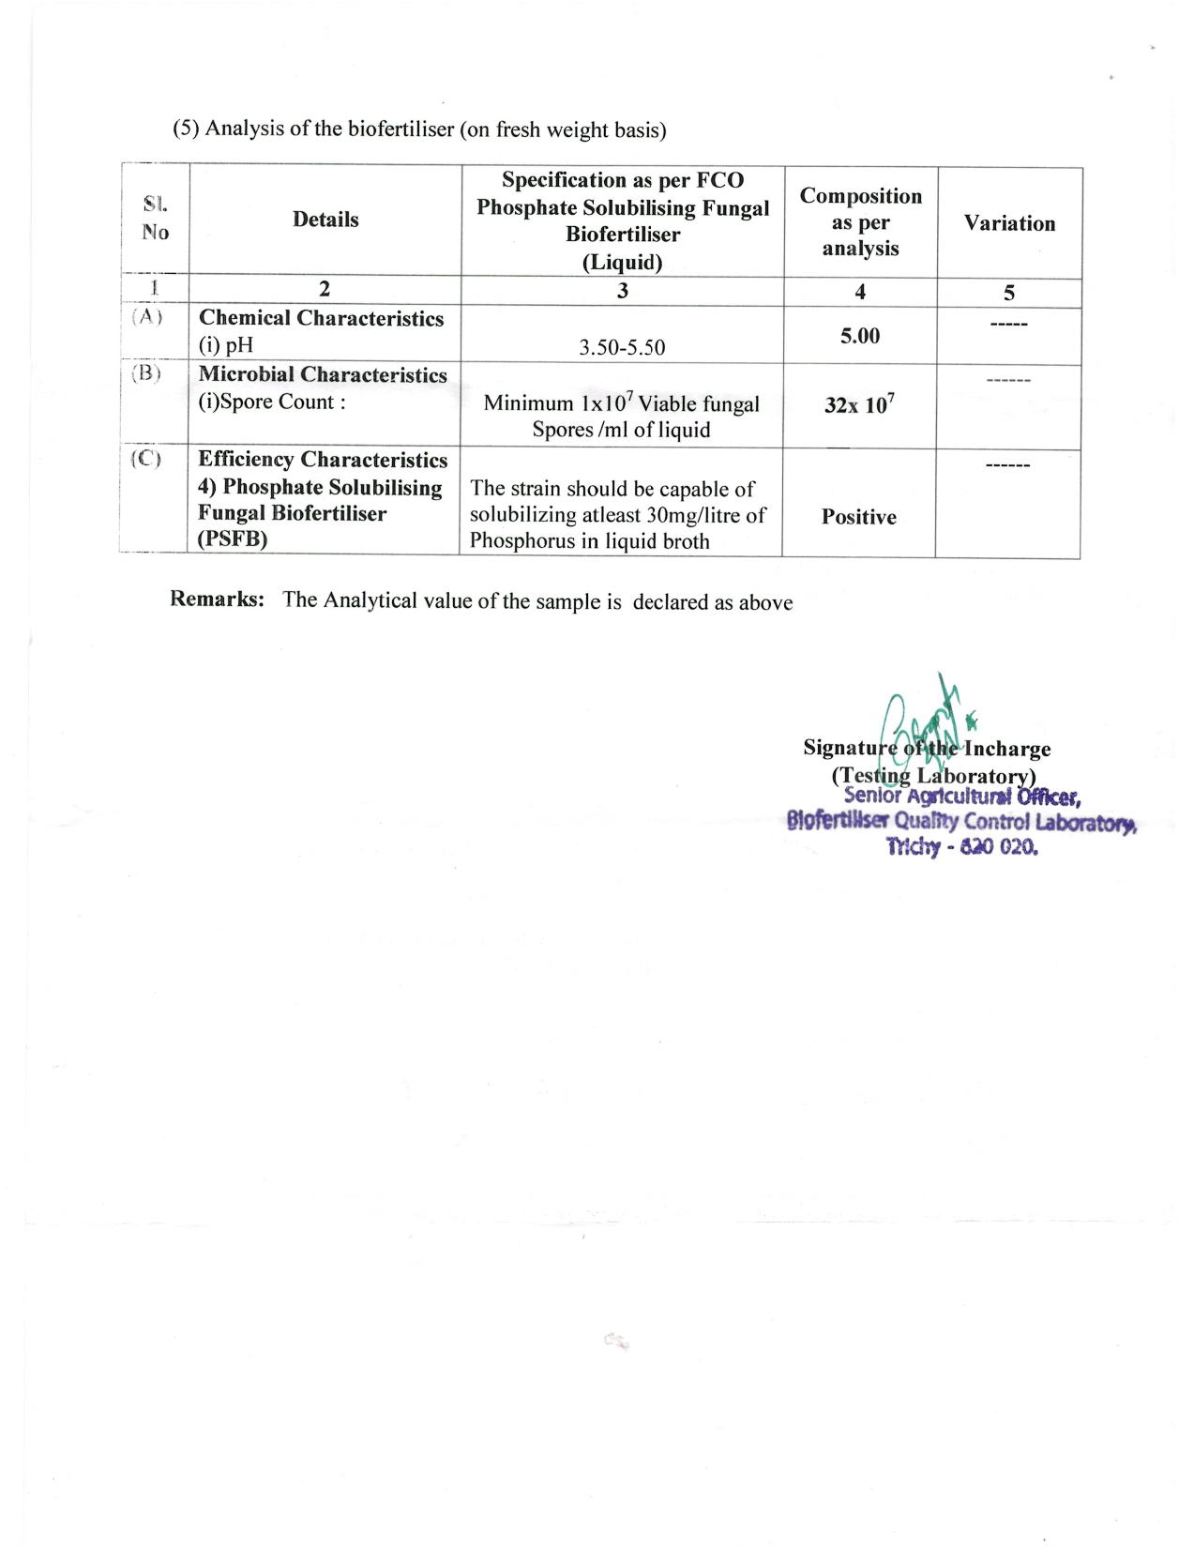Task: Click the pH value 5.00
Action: [x=860, y=336]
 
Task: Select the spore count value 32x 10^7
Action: [x=859, y=404]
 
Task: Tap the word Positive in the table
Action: [x=858, y=517]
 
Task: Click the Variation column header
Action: [x=1009, y=223]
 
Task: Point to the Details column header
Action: [x=325, y=220]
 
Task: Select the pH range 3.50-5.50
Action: [x=622, y=348]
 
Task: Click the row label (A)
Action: [x=147, y=317]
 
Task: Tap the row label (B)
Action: [x=146, y=373]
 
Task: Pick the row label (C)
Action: [x=146, y=459]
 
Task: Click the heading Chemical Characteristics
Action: [x=321, y=319]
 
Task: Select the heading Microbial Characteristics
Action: [x=323, y=375]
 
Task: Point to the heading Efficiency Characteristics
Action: [x=323, y=460]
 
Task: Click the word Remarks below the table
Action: [x=217, y=599]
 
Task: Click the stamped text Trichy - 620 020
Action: [x=962, y=847]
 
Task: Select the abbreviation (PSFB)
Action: [x=233, y=539]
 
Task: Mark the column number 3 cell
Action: [x=622, y=291]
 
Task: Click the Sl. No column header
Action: [x=156, y=219]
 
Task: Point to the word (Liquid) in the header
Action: [x=622, y=262]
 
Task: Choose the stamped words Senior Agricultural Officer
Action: [x=962, y=797]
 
